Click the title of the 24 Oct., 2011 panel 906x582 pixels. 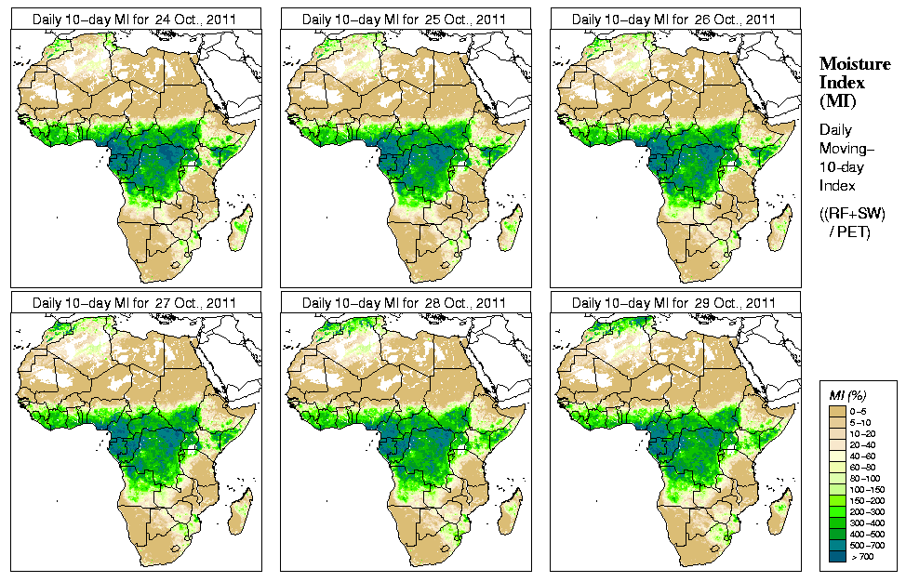[133, 19]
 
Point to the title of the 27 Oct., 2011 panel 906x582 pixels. [133, 303]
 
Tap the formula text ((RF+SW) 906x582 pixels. [853, 213]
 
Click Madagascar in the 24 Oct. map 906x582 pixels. [240, 228]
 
